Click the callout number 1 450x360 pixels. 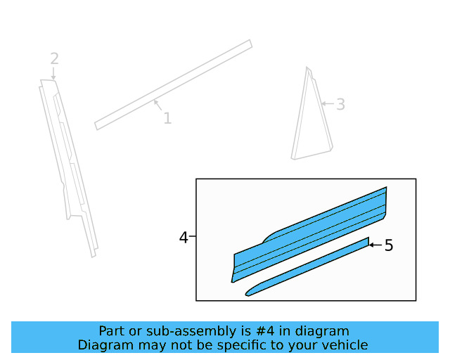pyautogui.click(x=167, y=118)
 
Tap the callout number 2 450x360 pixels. pyautogui.click(x=54, y=59)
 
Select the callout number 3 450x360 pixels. pyautogui.click(x=340, y=105)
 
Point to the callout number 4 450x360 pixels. pyautogui.click(x=184, y=238)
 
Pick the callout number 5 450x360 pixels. pyautogui.click(x=389, y=245)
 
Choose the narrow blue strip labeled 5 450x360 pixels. pyautogui.click(x=309, y=267)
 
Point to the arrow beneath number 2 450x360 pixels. pyautogui.click(x=54, y=73)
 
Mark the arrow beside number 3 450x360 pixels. pyautogui.click(x=326, y=104)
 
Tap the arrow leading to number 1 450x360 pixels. pyautogui.click(x=158, y=107)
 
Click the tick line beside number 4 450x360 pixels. pyautogui.click(x=192, y=238)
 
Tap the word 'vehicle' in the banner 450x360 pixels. pyautogui.click(x=346, y=345)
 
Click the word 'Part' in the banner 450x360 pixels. pyautogui.click(x=112, y=331)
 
